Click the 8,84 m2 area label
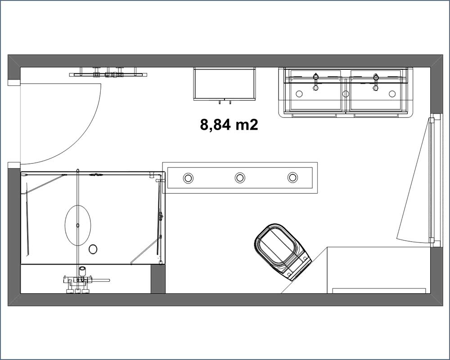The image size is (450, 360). point(229,125)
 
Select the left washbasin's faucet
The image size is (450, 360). point(316,81)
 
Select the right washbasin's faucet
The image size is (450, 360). point(376,82)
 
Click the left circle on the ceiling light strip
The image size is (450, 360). point(188,178)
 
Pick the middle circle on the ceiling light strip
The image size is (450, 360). point(240,178)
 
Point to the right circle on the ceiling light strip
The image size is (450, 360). point(292,177)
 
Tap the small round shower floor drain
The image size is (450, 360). point(93,249)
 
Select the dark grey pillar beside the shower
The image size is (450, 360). point(158,279)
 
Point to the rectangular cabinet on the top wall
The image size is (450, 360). point(225,84)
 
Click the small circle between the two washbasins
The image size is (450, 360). point(346,94)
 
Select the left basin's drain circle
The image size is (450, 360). point(299,94)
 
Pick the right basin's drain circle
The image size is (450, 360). point(392,94)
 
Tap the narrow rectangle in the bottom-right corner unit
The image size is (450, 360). point(379,291)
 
